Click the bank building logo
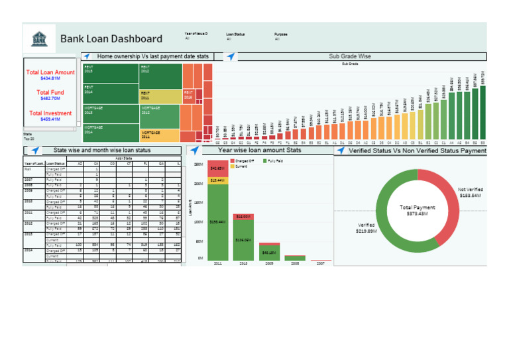click(40, 38)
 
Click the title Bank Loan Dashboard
click(111, 39)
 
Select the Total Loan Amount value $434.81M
click(50, 78)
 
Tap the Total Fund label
click(50, 92)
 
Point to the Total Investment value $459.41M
click(50, 119)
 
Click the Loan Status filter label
click(235, 33)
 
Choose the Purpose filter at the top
click(281, 33)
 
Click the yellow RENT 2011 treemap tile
click(160, 97)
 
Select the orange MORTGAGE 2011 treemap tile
click(160, 135)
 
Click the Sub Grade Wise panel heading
click(349, 57)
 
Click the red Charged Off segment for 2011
click(219, 168)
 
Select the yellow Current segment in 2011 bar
click(219, 180)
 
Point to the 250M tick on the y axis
click(198, 164)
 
